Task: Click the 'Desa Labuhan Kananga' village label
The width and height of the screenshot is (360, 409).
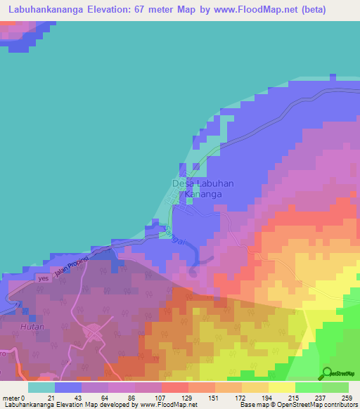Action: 203,188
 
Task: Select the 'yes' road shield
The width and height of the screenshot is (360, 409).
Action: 45,279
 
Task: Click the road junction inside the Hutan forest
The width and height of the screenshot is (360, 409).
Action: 92,331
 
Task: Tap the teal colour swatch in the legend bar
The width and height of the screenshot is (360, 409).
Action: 41,387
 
